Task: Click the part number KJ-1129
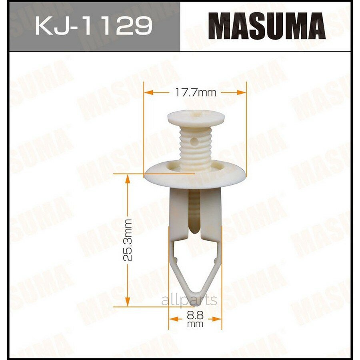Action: coord(94,26)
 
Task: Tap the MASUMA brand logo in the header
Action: coord(267,26)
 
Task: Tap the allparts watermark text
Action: coord(189,300)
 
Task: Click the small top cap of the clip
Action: coord(196,118)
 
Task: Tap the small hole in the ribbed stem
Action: coord(194,141)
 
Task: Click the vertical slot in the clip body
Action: coord(194,212)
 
